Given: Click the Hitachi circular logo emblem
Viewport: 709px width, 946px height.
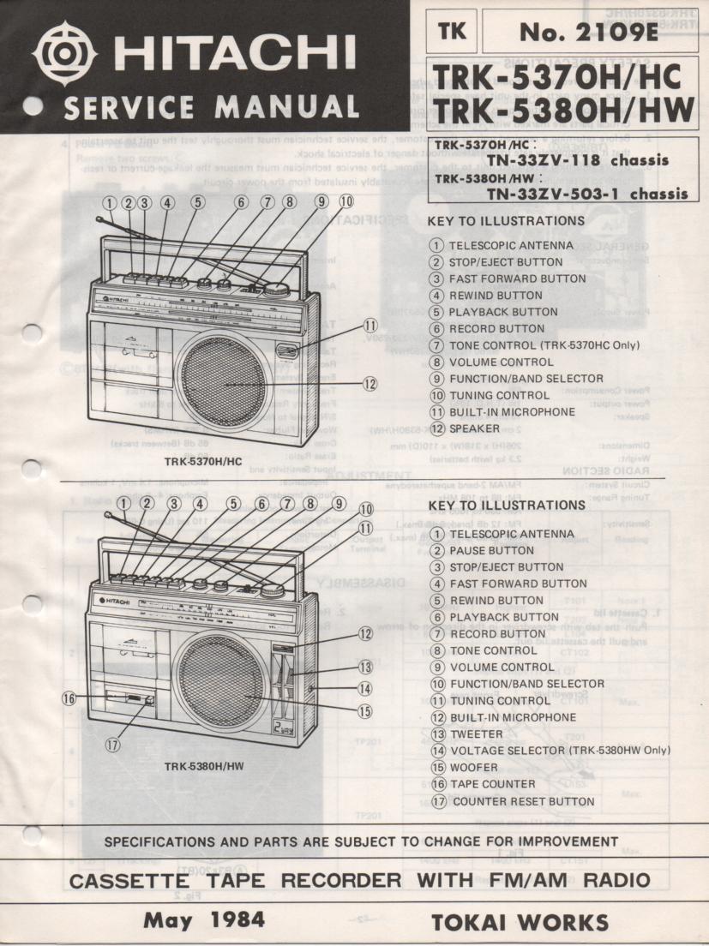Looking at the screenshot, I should pos(61,58).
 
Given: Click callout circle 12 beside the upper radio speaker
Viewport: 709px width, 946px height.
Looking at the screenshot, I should pos(370,384).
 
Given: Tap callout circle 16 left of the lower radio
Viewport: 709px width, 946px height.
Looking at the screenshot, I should pos(70,698).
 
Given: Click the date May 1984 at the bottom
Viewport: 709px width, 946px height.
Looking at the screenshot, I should pos(203,921).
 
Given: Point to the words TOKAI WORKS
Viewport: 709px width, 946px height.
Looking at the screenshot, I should pos(520,922).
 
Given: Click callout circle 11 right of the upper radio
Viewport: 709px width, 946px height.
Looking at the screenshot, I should pos(370,325).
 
